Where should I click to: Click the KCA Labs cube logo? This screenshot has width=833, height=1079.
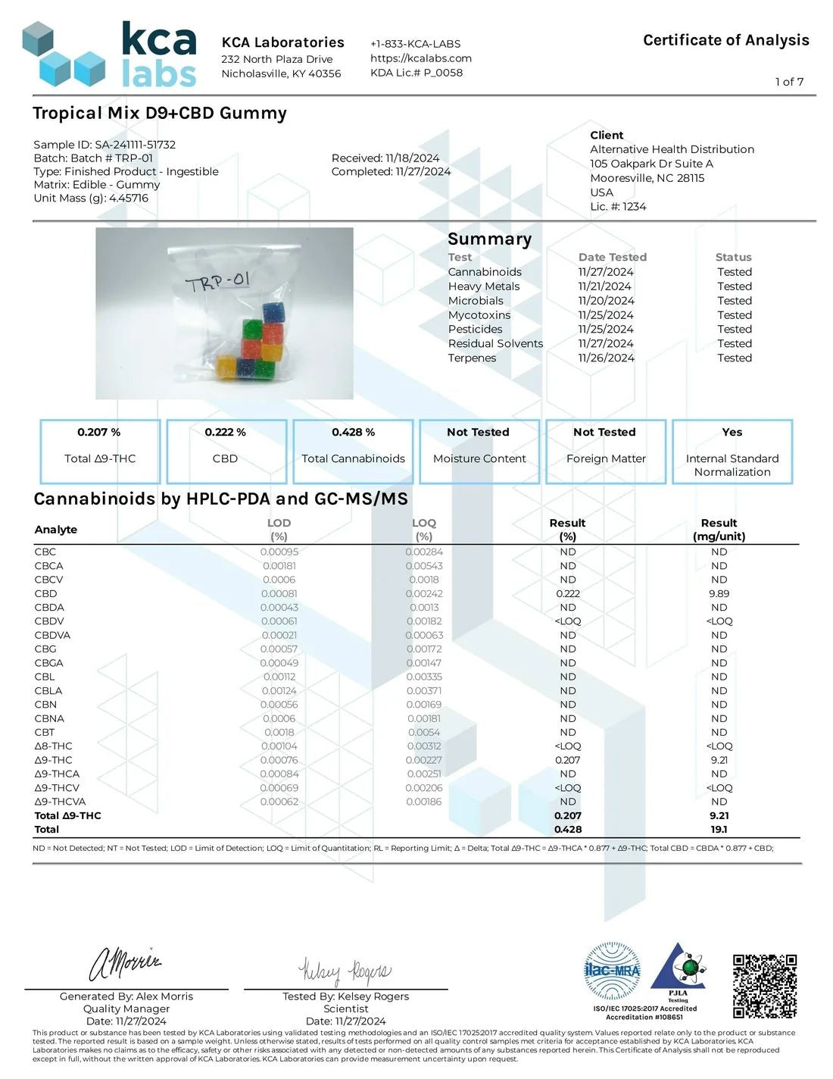tap(64, 54)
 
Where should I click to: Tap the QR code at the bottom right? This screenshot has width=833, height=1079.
tap(764, 985)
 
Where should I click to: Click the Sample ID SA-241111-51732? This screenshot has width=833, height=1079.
tap(135, 144)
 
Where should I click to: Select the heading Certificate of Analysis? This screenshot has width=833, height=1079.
tap(725, 40)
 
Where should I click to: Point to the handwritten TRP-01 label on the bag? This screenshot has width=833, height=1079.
tap(218, 283)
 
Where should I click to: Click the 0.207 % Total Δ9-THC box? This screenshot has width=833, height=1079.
tap(100, 451)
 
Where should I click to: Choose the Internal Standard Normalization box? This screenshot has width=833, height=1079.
tap(732, 451)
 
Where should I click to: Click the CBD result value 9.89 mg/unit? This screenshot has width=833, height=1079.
tap(719, 593)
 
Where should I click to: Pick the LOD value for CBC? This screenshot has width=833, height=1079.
tap(279, 552)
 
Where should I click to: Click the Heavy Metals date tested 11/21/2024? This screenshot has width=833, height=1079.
tap(604, 286)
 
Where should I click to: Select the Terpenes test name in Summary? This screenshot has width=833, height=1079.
tap(472, 358)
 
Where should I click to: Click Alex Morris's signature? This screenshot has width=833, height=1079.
tap(125, 963)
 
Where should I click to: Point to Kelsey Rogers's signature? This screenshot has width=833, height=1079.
tap(345, 971)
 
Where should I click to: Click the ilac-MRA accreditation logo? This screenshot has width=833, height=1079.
tap(613, 971)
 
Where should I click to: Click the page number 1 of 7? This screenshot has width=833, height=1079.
tap(789, 82)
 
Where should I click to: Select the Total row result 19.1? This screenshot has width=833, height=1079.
tap(719, 829)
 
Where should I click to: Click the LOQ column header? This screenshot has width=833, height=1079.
tap(424, 529)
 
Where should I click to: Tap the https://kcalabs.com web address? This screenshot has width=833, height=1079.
tap(420, 58)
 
